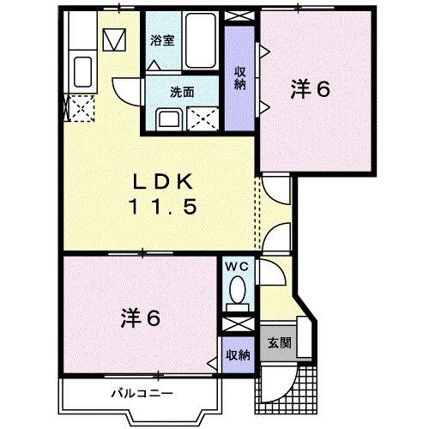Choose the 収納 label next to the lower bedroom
click(238, 353)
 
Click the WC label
click(236, 267)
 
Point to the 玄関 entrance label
click(280, 343)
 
